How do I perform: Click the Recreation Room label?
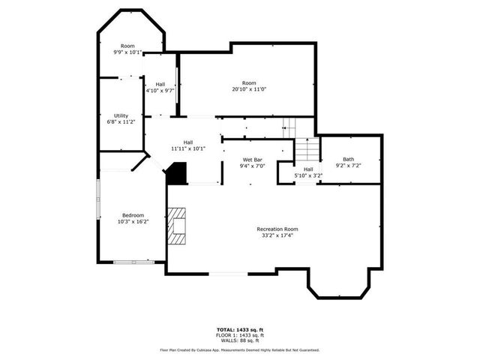click(277, 229)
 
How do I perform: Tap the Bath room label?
click(349, 159)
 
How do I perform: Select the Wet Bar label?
click(252, 160)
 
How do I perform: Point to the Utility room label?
click(121, 115)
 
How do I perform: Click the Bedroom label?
click(133, 215)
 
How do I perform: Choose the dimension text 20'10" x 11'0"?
click(249, 89)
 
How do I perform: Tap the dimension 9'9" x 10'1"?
click(127, 52)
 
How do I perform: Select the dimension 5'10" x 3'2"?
click(307, 175)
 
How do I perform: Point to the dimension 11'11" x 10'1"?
click(188, 148)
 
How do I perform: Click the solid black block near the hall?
click(176, 174)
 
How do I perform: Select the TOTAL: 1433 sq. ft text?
click(240, 329)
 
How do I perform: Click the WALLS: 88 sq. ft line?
click(240, 340)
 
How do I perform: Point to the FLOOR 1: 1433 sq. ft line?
click(240, 334)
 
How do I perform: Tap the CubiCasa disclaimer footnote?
click(240, 349)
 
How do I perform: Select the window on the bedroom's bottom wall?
click(133, 262)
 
